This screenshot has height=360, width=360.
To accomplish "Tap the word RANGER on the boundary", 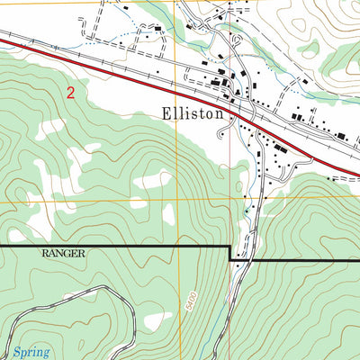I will [x=62, y=254].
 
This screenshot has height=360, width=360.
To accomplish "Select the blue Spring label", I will [x=31, y=352].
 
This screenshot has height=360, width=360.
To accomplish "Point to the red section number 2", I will [x=71, y=91].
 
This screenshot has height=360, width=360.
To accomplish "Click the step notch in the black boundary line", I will [x=230, y=253].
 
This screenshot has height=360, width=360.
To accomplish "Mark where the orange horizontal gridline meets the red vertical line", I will [x=229, y=199].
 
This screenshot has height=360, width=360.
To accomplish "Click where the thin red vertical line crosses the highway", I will [x=230, y=102].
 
